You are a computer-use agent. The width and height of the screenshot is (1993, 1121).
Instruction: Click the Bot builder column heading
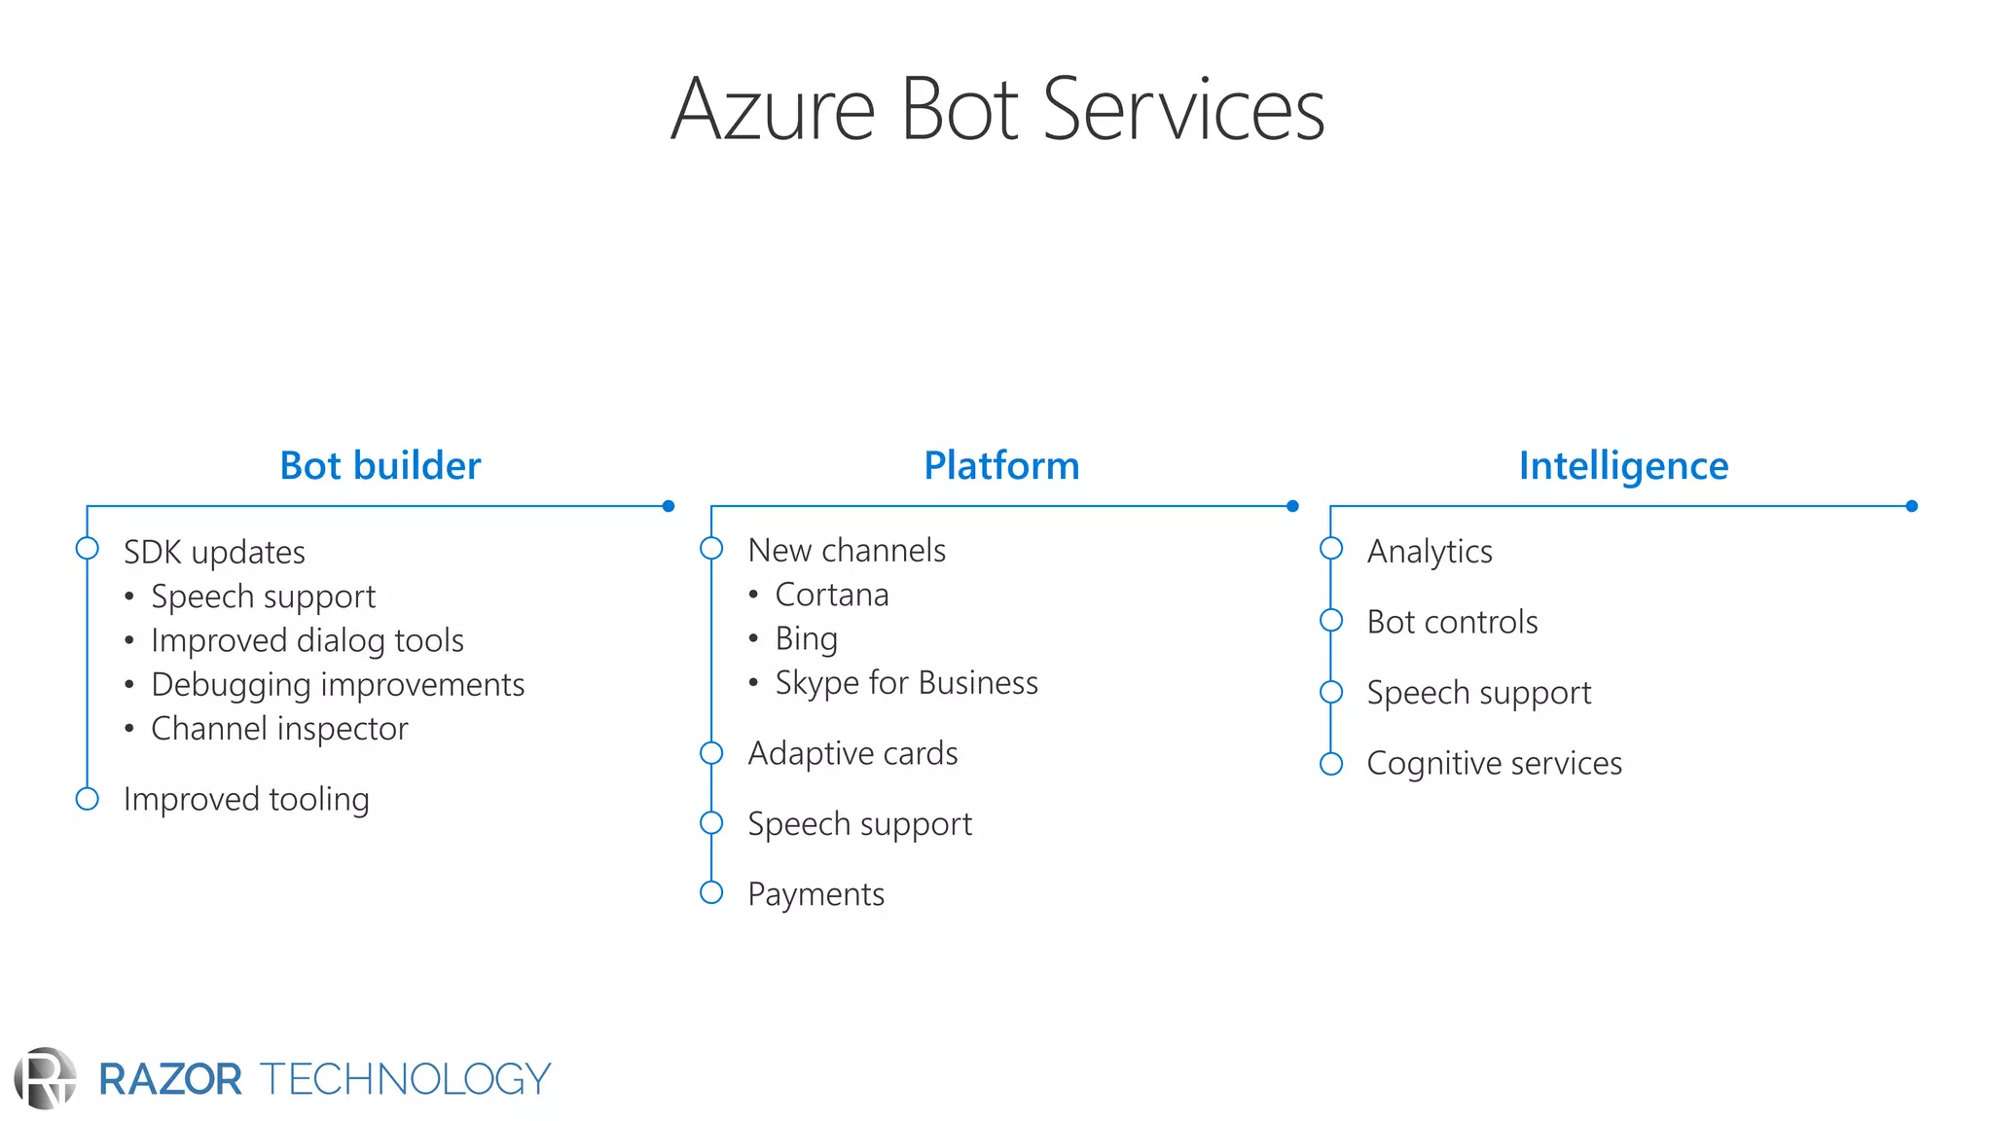380,466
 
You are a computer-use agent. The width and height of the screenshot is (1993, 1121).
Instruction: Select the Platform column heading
1001,466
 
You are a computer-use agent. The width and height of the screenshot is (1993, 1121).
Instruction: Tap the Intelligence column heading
1623,466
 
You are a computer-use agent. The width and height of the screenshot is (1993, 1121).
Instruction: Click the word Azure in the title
773,110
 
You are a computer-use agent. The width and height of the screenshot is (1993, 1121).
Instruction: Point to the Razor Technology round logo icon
45,1078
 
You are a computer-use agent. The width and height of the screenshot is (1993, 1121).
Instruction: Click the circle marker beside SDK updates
88,549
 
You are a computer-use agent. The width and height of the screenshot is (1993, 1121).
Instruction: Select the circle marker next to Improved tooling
88,799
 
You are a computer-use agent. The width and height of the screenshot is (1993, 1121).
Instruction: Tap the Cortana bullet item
831,595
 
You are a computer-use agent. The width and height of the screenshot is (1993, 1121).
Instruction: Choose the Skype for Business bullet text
906,683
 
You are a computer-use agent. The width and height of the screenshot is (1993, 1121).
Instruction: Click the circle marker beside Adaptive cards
711,753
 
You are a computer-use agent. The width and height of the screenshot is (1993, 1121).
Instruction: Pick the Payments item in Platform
815,894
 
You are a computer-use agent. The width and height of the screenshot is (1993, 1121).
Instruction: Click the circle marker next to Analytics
1331,549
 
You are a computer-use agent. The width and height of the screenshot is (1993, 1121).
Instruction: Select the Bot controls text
1452,622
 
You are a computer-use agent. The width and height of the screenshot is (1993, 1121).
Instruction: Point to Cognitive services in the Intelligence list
1494,764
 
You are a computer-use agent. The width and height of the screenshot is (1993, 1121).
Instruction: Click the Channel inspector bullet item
279,729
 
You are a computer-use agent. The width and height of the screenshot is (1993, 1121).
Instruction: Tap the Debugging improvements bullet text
338,685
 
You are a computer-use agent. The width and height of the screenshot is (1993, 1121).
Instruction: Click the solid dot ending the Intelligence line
1911,506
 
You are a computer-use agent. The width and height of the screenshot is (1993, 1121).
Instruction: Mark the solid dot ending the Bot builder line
669,506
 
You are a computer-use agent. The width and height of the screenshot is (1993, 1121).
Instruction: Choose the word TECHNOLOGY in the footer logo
405,1079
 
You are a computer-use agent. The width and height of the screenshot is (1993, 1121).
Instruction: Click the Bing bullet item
806,639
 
